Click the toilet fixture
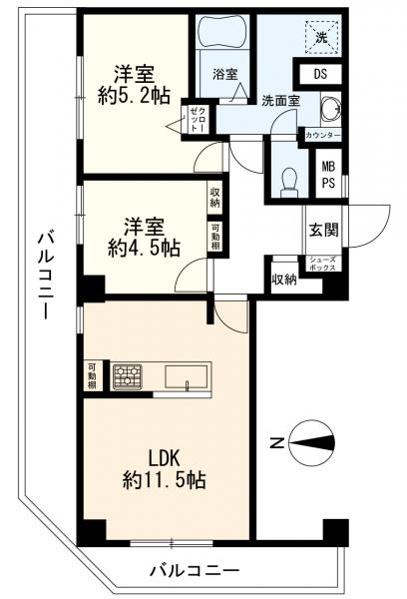click(289, 183)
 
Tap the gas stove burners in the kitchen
click(127, 376)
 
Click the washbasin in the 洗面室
click(330, 108)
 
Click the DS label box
click(320, 74)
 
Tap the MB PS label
click(328, 175)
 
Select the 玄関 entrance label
click(323, 230)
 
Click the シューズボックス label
click(323, 264)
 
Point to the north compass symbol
click(312, 443)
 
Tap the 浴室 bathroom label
click(225, 74)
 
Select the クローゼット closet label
click(199, 119)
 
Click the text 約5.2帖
click(134, 96)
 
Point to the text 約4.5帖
click(144, 248)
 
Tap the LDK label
click(164, 458)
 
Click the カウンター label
click(323, 135)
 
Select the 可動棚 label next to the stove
click(92, 376)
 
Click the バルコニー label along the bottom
click(194, 571)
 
